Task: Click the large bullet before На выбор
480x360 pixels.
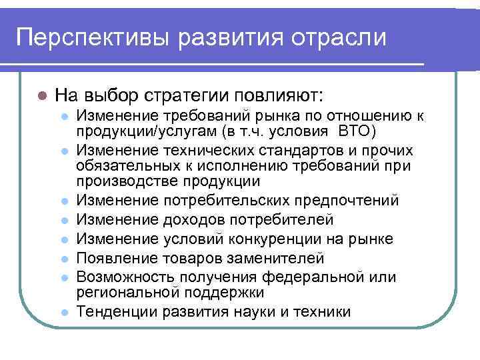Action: pos(41,93)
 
